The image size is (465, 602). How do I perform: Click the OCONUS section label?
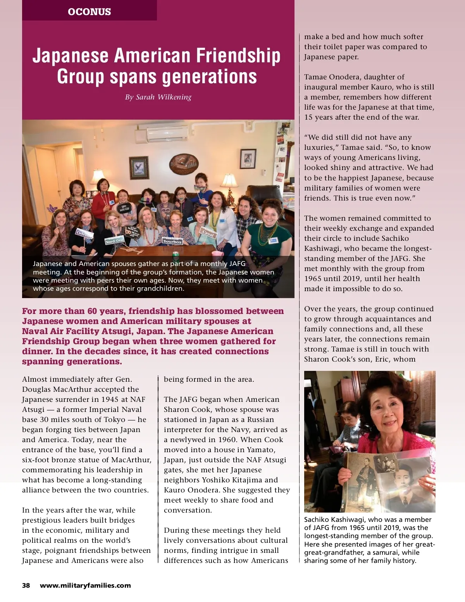pos(89,12)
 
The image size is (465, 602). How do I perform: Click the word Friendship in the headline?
pos(238,55)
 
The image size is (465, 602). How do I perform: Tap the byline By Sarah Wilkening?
pos(158,97)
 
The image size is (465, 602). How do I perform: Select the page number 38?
pos(26,585)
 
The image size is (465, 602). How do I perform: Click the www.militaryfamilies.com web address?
pos(85,585)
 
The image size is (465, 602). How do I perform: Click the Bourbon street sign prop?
pos(172,241)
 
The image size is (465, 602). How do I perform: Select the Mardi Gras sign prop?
pos(114,241)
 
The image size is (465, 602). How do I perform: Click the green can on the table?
pos(176,256)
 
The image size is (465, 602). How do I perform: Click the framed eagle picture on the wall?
pos(139,168)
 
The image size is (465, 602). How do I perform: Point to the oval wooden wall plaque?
pos(184,164)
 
